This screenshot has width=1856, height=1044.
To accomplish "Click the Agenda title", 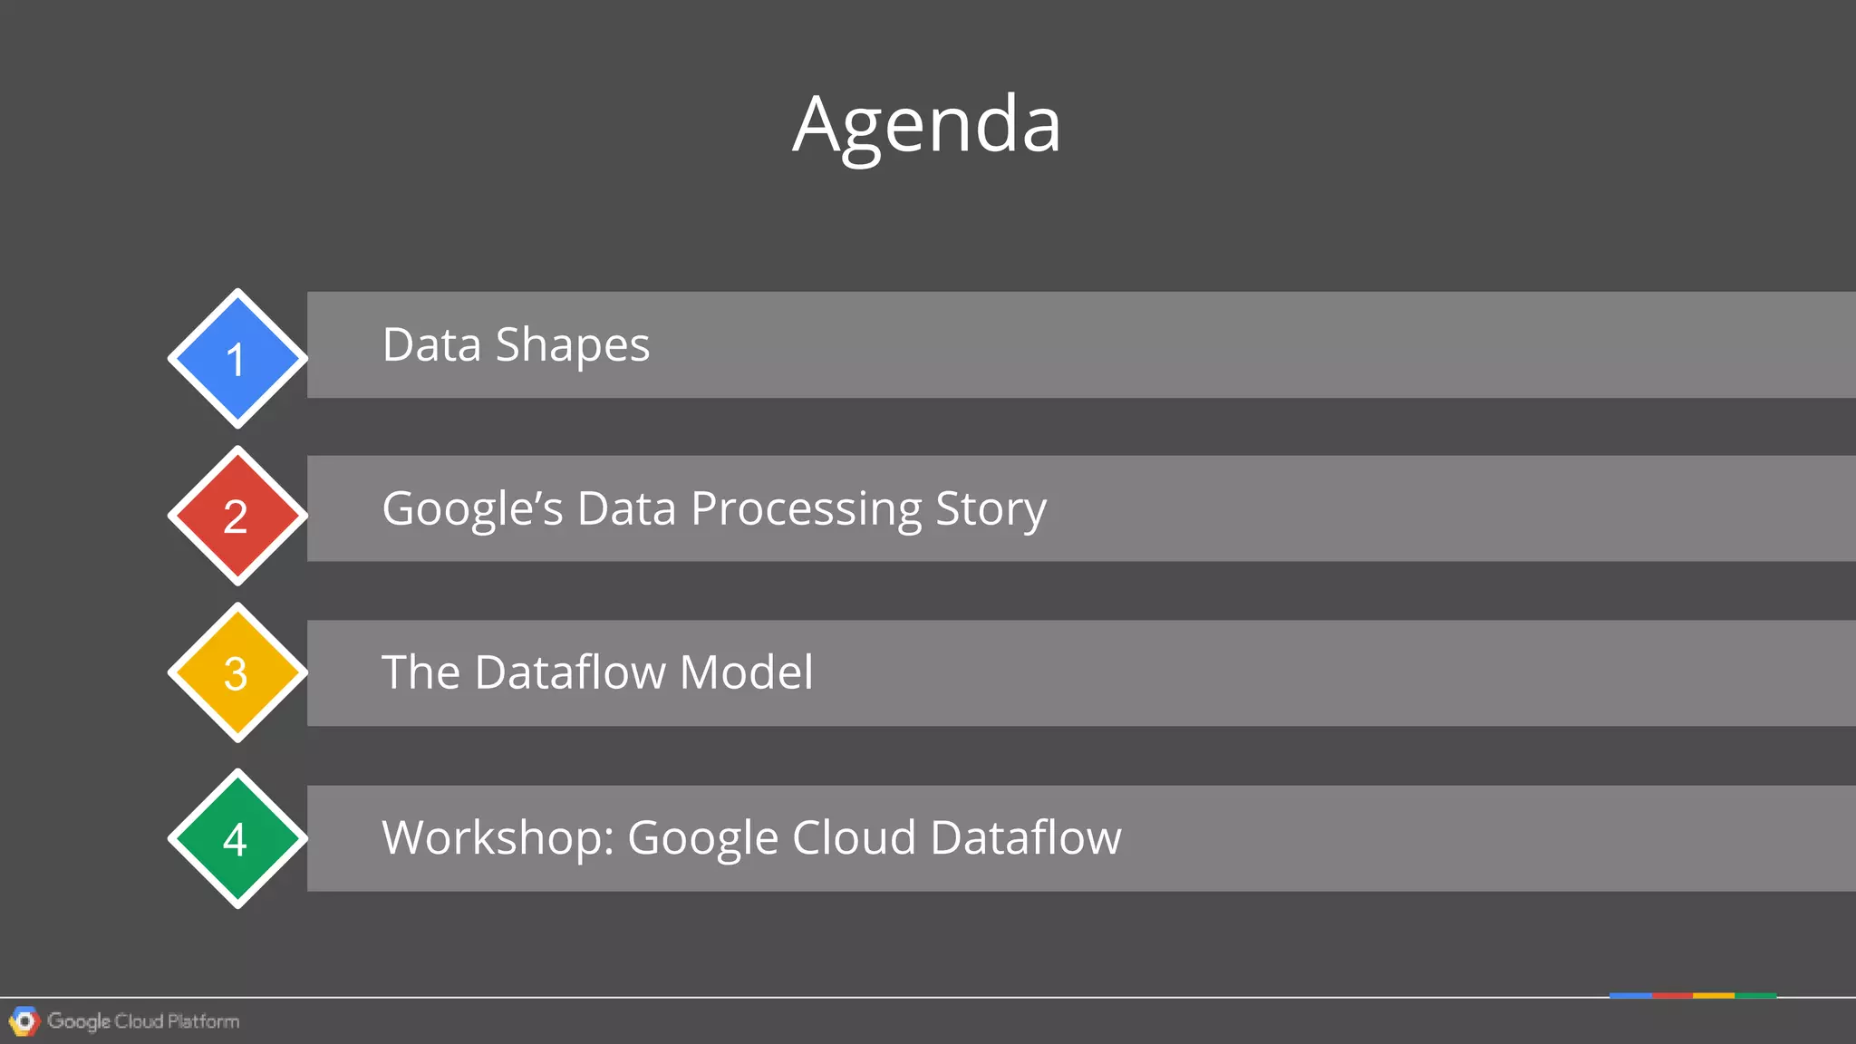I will pos(926,125).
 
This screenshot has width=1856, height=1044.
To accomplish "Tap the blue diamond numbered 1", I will pos(237,359).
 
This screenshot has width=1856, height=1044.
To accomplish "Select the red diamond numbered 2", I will pos(237,516).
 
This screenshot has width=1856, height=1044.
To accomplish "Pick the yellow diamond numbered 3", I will pos(237,672).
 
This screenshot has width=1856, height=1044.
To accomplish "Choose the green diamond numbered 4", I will pos(237,838).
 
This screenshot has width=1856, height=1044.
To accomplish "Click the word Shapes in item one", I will pos(572,345).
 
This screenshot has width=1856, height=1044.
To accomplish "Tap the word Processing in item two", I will pos(806,509).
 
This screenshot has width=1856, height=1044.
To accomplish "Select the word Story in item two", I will pos(991,509).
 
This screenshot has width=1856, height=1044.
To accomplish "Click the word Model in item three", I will pos(746,672).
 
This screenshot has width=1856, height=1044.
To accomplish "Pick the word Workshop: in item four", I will pos(498,837).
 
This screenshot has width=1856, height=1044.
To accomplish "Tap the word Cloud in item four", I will pos(854,837).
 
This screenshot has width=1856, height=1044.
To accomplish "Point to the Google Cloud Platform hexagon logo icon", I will pos(24,1021).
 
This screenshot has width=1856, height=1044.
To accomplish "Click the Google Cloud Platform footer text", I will pos(143,1021).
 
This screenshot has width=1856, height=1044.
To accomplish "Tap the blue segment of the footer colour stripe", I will pos(1630,995).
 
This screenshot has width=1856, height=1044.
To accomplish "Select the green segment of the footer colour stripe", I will pos(1755,995).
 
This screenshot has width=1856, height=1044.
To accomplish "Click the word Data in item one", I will pos(431,345).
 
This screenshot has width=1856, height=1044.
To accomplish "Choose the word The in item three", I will pos(420,672).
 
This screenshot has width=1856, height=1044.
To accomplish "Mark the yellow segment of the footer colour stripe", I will pos(1713,995).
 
